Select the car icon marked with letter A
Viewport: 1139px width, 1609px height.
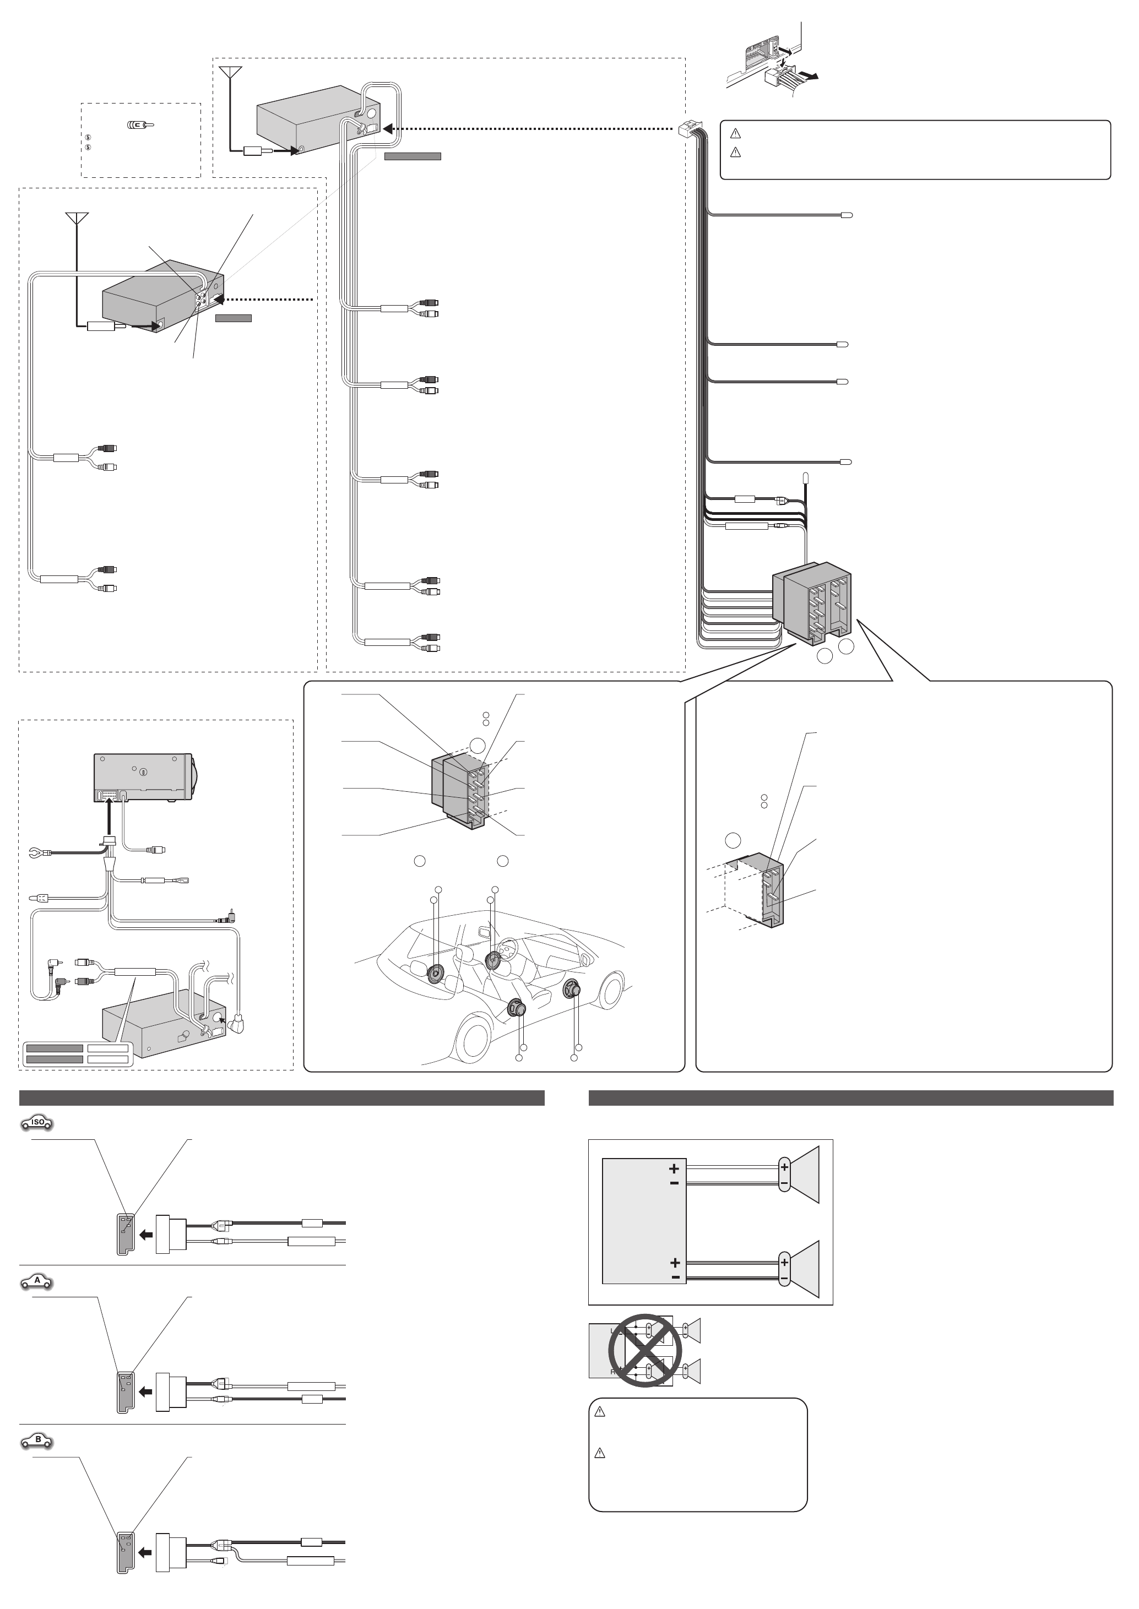[37, 1281]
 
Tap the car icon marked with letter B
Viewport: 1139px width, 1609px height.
[37, 1441]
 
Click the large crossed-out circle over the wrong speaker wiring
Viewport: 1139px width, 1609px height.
[641, 1350]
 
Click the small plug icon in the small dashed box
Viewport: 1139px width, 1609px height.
[140, 125]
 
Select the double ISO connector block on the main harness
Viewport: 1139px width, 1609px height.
[813, 603]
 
